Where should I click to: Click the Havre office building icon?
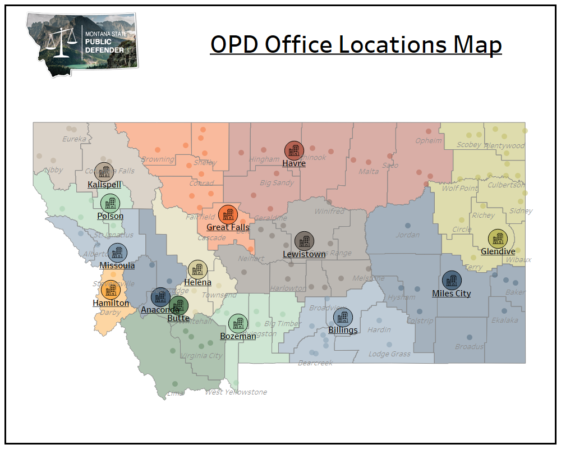point(294,150)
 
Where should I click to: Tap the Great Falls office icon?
point(228,214)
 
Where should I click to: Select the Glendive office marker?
point(498,239)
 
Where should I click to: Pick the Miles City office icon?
point(452,281)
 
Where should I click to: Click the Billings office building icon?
point(343,317)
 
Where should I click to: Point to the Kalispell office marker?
point(104,172)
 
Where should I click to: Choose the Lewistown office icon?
point(304,241)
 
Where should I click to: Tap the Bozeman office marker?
point(238,323)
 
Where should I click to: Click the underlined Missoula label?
point(117,265)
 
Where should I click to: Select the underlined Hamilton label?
point(111,303)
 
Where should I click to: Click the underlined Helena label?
point(197,282)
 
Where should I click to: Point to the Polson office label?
point(110,216)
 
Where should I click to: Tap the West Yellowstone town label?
point(236,392)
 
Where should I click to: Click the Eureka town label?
point(74,139)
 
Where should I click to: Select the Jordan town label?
point(407,235)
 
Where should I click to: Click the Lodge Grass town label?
point(389,354)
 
